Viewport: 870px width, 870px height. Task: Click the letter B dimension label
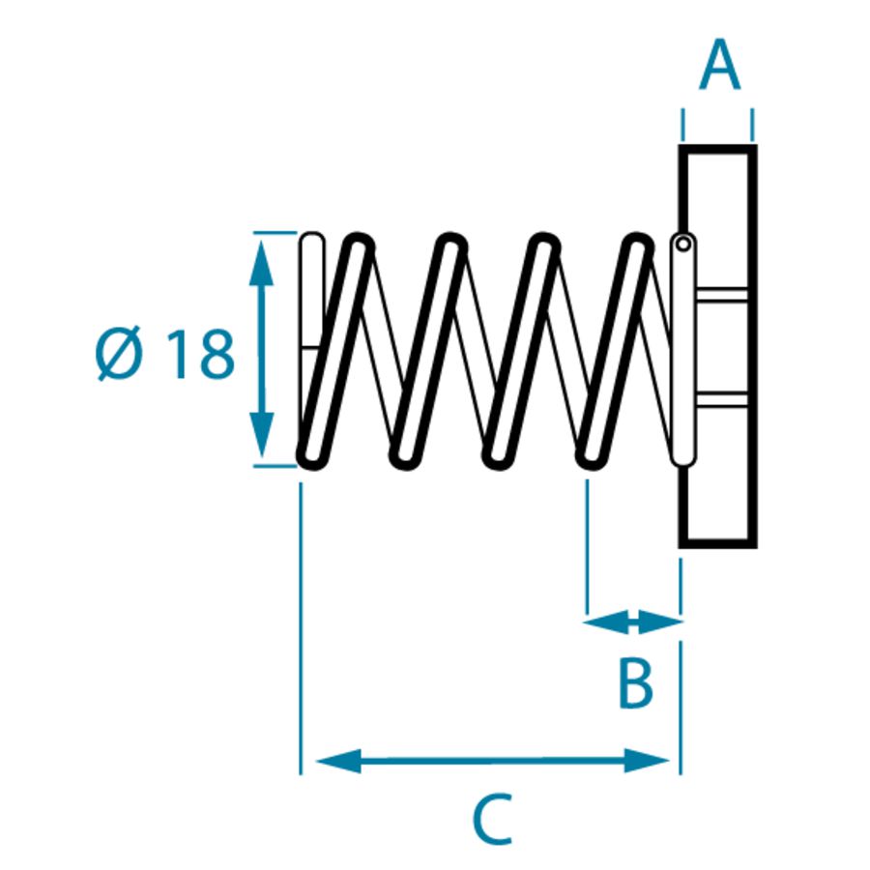click(x=635, y=683)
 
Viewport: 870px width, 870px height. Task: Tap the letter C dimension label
click(x=492, y=820)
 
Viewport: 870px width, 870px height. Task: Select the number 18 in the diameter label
click(x=200, y=355)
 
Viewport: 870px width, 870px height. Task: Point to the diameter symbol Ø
click(x=121, y=355)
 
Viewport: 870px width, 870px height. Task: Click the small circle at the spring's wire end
click(x=683, y=244)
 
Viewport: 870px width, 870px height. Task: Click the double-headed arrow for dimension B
click(x=633, y=622)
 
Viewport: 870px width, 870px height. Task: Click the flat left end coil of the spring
click(x=311, y=290)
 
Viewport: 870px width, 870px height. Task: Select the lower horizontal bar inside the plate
click(x=720, y=398)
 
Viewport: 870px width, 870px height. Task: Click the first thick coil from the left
click(x=335, y=348)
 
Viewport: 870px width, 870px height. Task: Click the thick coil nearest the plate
click(x=614, y=348)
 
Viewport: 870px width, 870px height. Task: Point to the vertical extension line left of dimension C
click(x=302, y=628)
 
